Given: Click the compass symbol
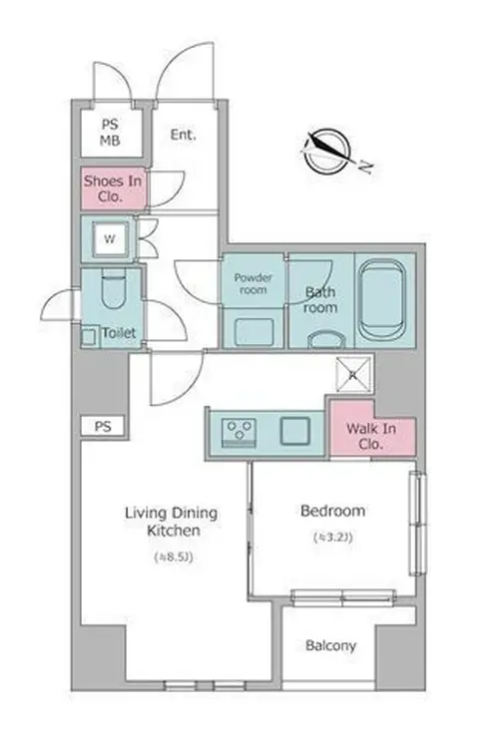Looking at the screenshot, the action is [327, 151].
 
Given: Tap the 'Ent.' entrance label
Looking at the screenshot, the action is [184, 135].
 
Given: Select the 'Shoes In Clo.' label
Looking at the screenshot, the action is [113, 188].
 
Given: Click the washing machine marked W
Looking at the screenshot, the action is [110, 238].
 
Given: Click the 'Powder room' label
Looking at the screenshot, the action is [253, 284].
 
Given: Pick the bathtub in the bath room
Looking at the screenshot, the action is [381, 299].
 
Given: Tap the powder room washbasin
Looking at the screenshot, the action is [254, 331].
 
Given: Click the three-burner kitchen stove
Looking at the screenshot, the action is [239, 432].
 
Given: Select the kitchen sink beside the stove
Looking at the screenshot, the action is [295, 431].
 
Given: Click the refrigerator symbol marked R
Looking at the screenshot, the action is [353, 375].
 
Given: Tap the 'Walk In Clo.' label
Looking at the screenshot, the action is [371, 436].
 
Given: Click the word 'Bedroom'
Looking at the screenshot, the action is [333, 511].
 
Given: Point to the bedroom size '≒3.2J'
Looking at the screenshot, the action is [333, 537].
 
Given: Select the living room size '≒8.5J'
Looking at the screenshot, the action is [174, 557].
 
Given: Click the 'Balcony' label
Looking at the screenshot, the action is [330, 645].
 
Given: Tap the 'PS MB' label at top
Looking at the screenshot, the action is [110, 133].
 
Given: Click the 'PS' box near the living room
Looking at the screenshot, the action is [103, 427].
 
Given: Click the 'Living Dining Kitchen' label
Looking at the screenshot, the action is [172, 522].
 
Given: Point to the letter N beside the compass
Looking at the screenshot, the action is [365, 167].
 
